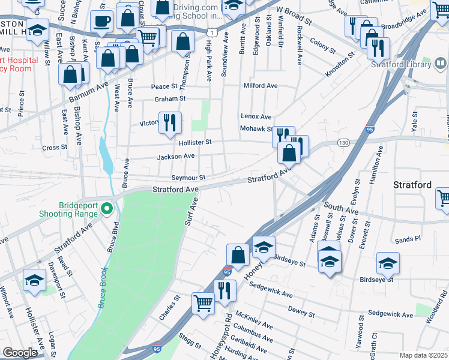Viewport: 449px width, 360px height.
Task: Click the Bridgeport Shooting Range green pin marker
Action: [107, 209]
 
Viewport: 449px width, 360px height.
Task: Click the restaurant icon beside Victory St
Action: [169, 122]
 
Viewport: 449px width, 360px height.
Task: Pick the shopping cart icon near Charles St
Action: [203, 303]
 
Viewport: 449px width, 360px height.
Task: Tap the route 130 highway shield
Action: [343, 142]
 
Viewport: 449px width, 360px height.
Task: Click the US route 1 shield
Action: [212, 30]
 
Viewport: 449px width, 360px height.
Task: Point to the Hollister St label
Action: [195, 143]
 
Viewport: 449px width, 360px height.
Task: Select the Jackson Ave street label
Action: [176, 157]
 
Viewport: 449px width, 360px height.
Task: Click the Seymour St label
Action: [188, 178]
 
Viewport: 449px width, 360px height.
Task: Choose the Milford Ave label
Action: [261, 86]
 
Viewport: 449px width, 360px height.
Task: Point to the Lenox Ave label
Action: [256, 116]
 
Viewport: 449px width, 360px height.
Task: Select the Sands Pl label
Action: [408, 239]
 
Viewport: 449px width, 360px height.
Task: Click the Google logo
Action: [20, 353]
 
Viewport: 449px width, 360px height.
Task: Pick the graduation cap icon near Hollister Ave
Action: [34, 280]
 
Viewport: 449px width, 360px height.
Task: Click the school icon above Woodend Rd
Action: [388, 263]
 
